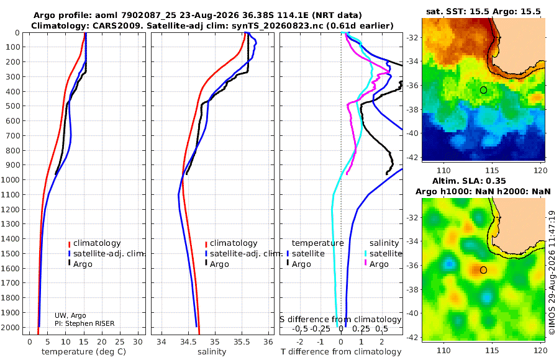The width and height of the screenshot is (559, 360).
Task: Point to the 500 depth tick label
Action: tap(14, 106)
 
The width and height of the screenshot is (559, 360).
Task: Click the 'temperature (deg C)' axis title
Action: tap(84, 352)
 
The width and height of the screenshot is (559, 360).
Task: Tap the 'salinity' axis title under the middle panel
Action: tap(212, 352)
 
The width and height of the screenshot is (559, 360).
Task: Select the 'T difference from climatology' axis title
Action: tap(341, 352)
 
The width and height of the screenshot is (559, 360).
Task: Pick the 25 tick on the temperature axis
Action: tap(120, 342)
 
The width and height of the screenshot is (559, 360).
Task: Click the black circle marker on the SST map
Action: tap(483, 90)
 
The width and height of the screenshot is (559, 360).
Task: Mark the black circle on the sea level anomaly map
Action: tap(483, 270)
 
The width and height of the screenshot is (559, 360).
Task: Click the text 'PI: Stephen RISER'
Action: tap(84, 323)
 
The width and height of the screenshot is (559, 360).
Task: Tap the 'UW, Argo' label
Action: tap(70, 315)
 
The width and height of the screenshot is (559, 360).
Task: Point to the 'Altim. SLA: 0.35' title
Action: tap(469, 181)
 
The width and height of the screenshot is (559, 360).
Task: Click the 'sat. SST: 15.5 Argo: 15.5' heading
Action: tap(483, 11)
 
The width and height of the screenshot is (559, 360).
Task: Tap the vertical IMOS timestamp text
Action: tap(552, 272)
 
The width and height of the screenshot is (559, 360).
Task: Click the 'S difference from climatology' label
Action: tap(341, 320)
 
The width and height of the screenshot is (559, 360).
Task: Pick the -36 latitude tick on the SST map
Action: tap(412, 86)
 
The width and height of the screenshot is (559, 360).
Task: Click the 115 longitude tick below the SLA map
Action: tap(492, 351)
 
